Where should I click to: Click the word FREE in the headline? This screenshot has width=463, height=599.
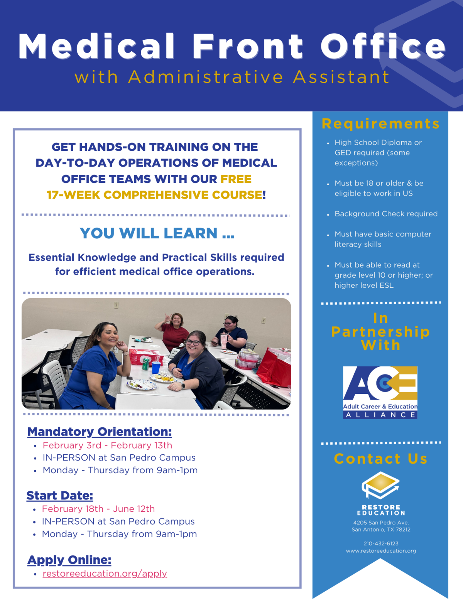[236, 179]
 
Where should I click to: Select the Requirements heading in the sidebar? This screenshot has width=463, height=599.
[380, 124]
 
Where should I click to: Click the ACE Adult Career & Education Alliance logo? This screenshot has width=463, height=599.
[380, 392]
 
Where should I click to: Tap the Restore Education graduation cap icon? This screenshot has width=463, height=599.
[380, 485]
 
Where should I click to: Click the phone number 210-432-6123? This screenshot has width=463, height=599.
[381, 543]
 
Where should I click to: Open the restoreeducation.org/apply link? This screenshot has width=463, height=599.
[105, 574]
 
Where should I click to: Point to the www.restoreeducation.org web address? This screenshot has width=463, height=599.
[381, 551]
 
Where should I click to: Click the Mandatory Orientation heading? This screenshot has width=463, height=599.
[99, 432]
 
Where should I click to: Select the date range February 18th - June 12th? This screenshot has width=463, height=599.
[98, 509]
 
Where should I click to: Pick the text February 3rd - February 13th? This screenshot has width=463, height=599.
[107, 445]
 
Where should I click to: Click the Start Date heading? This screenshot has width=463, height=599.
[59, 495]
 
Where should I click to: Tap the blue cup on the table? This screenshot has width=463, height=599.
[156, 368]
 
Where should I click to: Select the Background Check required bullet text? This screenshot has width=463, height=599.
[386, 214]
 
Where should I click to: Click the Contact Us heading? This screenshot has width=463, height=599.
[380, 459]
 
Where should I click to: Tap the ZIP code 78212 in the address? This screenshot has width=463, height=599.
[403, 530]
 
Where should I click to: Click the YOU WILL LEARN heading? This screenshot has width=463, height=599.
[157, 233]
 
